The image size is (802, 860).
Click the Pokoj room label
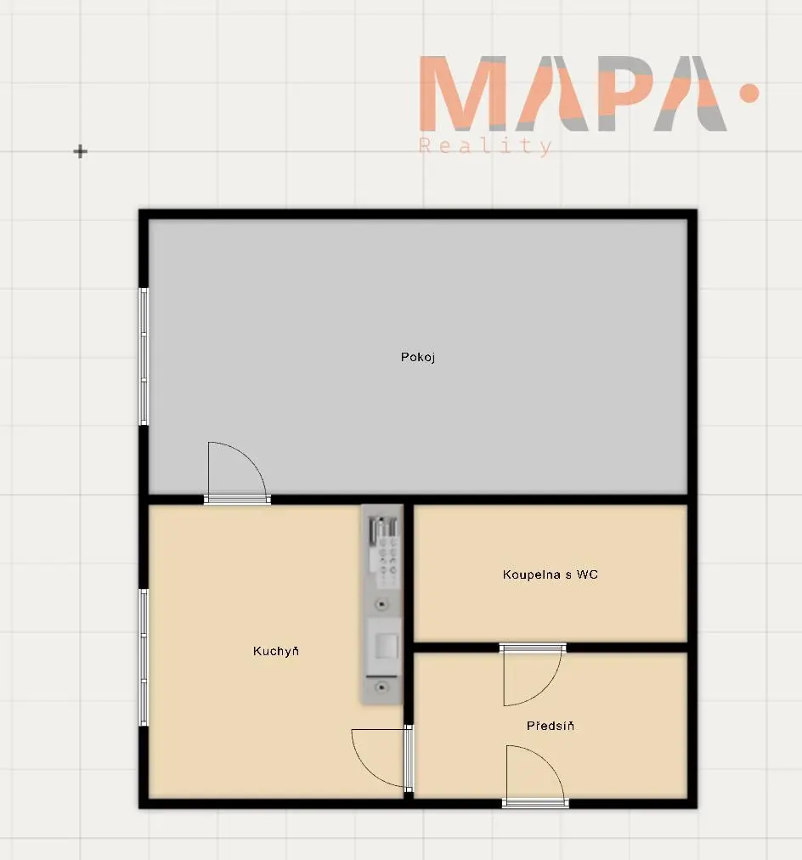[418, 358]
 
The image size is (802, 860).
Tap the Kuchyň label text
[276, 651]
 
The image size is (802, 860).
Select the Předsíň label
[551, 726]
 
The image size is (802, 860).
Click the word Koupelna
[532, 574]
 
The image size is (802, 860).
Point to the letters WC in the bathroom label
[587, 574]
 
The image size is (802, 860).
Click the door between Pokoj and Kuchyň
[237, 472]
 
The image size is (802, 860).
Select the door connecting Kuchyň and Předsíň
[382, 759]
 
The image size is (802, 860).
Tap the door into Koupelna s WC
[533, 675]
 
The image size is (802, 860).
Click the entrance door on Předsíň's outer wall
[535, 776]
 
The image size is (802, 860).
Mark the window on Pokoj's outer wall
[144, 357]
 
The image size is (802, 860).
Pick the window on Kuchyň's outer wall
[144, 657]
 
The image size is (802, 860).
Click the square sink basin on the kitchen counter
[386, 646]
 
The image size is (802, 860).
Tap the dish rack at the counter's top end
[382, 531]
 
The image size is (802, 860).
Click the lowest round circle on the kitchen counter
[382, 687]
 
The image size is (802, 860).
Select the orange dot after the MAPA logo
[748, 93]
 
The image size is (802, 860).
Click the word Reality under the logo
[485, 147]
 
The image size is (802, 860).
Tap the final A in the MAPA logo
[690, 93]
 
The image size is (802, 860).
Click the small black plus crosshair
[81, 151]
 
